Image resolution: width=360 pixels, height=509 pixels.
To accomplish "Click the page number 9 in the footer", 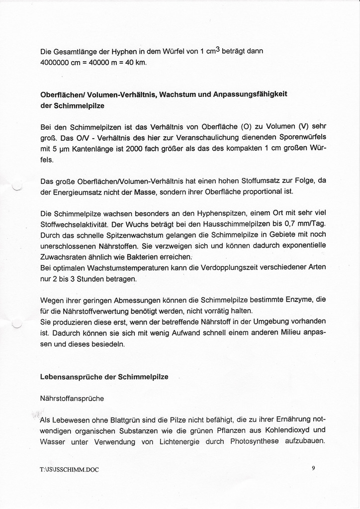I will (x=313, y=467).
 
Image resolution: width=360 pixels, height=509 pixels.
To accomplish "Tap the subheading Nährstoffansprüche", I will (x=72, y=398).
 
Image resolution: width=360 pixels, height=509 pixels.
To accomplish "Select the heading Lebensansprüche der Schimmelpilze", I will (x=104, y=377).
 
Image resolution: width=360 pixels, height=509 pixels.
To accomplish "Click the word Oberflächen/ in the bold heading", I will (x=62, y=94).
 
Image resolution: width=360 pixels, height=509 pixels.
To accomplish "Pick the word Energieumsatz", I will (x=72, y=191).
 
